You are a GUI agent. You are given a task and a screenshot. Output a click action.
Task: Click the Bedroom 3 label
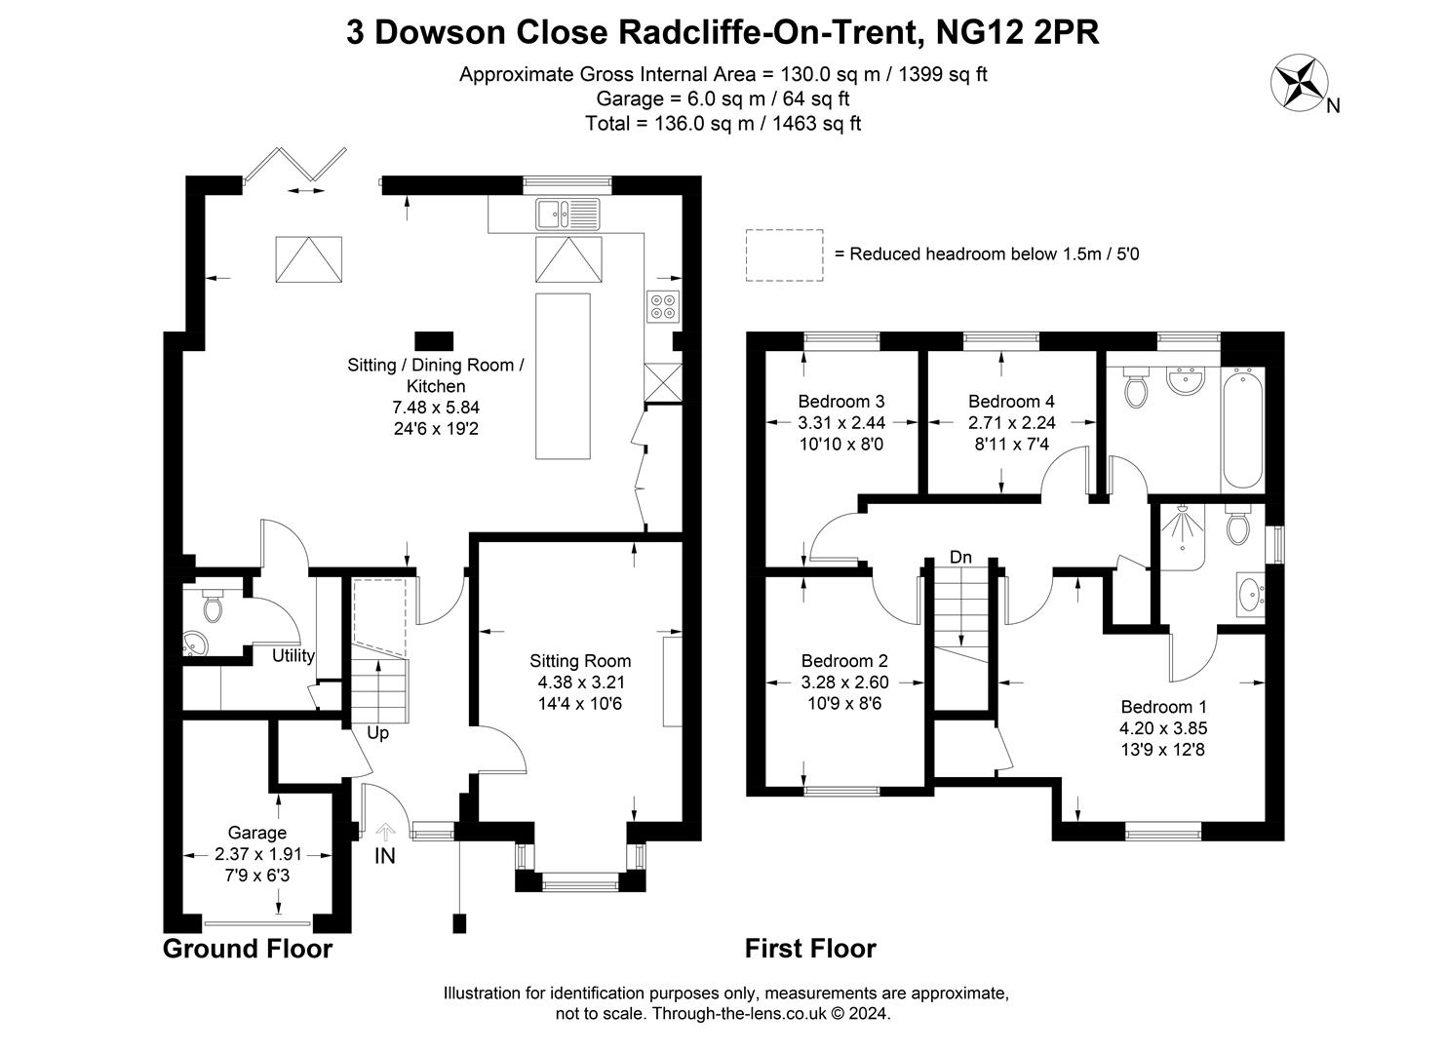pos(841,402)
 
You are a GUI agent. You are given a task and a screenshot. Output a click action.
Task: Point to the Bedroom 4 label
pos(1011,402)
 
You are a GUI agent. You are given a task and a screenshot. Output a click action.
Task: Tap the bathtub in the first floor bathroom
pos(1242,428)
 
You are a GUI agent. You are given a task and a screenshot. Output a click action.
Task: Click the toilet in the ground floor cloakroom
pos(213,604)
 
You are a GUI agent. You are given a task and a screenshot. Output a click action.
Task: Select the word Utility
pos(293,656)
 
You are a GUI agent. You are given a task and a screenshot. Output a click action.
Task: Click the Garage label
pos(256,833)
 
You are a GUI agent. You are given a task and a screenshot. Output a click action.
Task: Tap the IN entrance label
pos(385,856)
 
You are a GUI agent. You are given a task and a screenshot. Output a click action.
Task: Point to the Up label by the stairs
pos(377,733)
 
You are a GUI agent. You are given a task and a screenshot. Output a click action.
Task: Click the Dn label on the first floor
pos(960,557)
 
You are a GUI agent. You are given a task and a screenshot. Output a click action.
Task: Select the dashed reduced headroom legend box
pos(784,255)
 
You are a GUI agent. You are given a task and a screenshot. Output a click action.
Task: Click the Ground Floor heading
pos(248,949)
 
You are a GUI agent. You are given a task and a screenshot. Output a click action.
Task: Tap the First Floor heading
pos(811,949)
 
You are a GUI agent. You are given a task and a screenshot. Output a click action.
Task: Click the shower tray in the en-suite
pos(1183,538)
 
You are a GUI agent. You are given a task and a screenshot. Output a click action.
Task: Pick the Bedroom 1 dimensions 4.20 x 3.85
pos(1163,729)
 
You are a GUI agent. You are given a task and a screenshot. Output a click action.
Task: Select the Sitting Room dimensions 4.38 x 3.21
pos(580,682)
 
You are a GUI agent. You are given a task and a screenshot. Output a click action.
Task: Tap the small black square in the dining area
pos(434,341)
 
